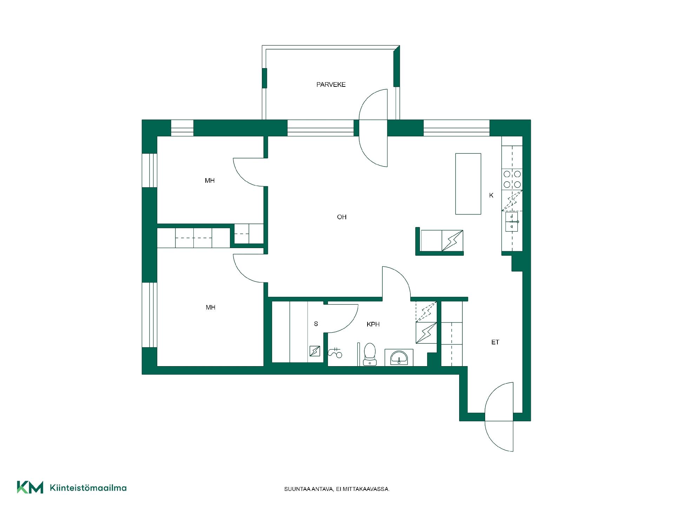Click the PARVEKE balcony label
(x=331, y=85)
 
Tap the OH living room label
(x=342, y=217)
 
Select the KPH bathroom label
(x=373, y=324)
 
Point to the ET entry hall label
(x=495, y=342)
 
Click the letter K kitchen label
(x=491, y=195)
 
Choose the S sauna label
(x=316, y=324)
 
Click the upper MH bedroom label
(x=210, y=181)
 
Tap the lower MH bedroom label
(x=211, y=307)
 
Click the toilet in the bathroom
(x=370, y=354)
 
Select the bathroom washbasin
(x=399, y=358)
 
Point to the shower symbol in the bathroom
(x=335, y=353)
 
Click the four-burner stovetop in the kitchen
(x=512, y=179)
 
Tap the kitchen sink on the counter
(x=512, y=222)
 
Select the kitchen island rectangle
(x=468, y=184)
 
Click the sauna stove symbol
(x=315, y=351)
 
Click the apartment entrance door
(x=499, y=417)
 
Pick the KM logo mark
(x=30, y=487)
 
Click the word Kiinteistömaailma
(x=88, y=488)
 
